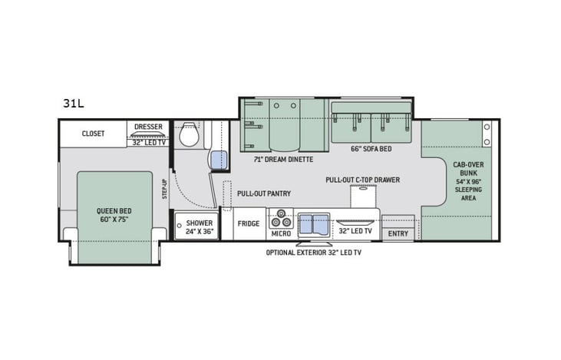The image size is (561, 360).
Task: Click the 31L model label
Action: [74, 101]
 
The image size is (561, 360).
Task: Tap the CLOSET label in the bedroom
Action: [93, 133]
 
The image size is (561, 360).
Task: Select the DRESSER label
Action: [148, 126]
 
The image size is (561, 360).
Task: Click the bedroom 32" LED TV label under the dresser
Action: [148, 142]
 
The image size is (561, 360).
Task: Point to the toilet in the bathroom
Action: [188, 136]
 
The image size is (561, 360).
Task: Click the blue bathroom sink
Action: [219, 160]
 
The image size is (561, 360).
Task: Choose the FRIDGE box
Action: [249, 224]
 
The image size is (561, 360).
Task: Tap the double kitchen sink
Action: [312, 223]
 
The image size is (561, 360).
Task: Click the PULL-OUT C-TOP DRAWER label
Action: [362, 180]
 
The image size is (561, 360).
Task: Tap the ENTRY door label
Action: [398, 233]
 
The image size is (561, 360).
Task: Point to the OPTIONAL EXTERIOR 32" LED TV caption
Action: [314, 253]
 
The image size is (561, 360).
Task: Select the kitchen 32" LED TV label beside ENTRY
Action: [355, 230]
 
